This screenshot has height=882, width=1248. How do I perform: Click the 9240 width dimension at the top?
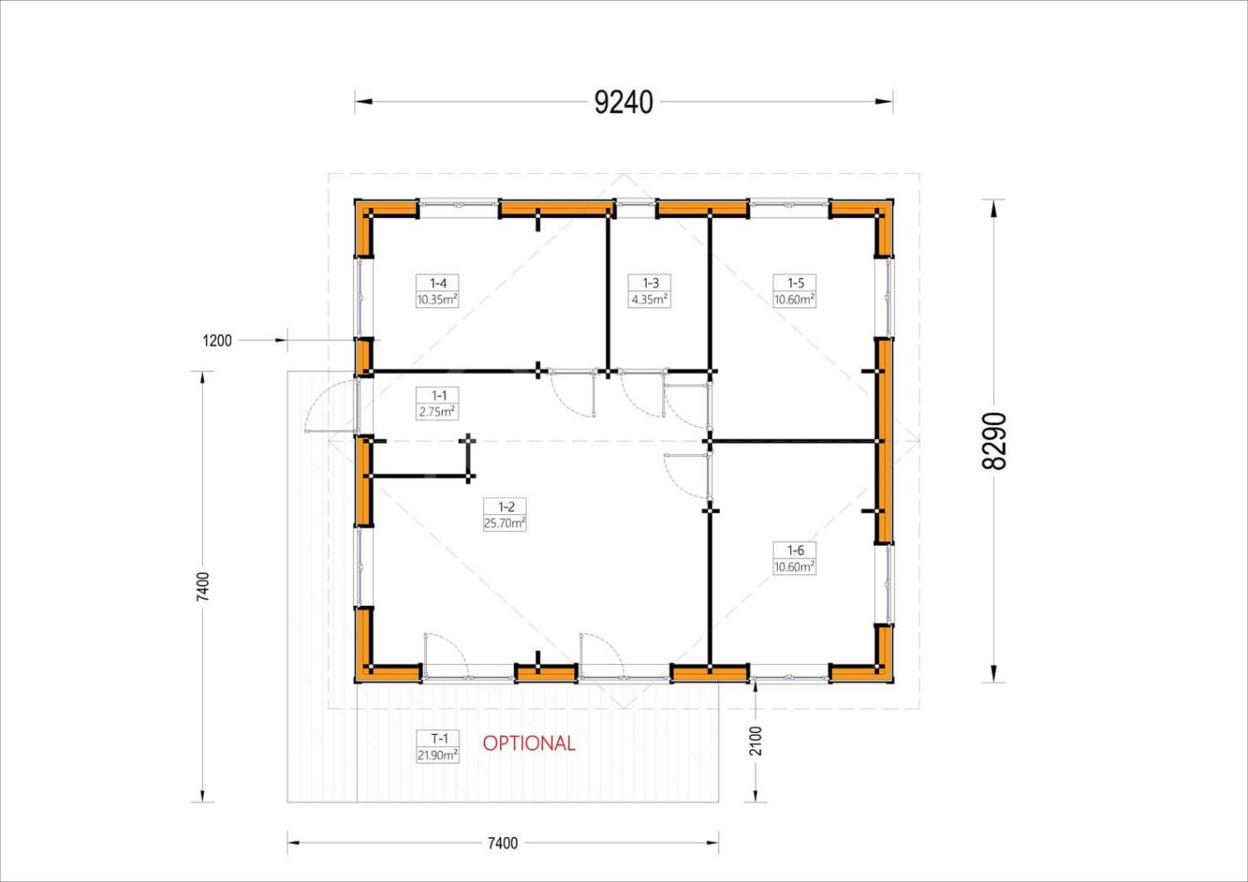pyautogui.click(x=624, y=102)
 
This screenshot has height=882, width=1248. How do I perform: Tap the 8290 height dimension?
pyautogui.click(x=995, y=441)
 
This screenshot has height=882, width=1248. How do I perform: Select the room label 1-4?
pyautogui.click(x=438, y=282)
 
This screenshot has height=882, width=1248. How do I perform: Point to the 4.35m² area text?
pyautogui.click(x=649, y=299)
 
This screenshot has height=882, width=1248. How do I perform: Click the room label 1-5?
pyautogui.click(x=795, y=282)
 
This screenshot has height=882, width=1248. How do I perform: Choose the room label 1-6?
pyautogui.click(x=795, y=550)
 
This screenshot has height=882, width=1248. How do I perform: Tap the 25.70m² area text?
pyautogui.click(x=504, y=523)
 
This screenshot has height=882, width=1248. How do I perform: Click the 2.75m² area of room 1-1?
pyautogui.click(x=438, y=412)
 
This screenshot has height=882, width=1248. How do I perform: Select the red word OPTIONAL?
pyautogui.click(x=528, y=744)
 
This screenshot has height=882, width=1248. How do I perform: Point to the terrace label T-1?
pyautogui.click(x=439, y=739)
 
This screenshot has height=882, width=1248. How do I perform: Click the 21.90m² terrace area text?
pyautogui.click(x=438, y=756)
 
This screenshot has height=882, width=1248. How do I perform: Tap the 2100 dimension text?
pyautogui.click(x=756, y=741)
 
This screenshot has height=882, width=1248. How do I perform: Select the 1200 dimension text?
pyautogui.click(x=217, y=340)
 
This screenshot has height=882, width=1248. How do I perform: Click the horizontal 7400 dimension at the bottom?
pyautogui.click(x=503, y=843)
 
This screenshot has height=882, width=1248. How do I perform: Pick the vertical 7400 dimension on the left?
pyautogui.click(x=203, y=587)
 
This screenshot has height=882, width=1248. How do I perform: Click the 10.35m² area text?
pyautogui.click(x=438, y=299)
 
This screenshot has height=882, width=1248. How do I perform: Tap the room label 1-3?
pyautogui.click(x=650, y=282)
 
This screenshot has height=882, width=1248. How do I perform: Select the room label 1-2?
pyautogui.click(x=506, y=506)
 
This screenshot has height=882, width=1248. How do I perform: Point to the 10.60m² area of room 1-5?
pyautogui.click(x=795, y=299)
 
